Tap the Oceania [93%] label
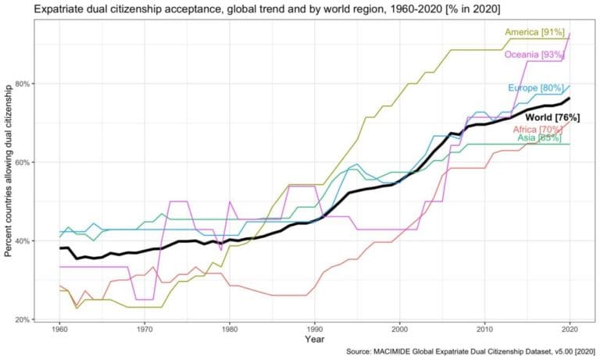(x=535, y=55)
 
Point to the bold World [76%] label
(x=552, y=117)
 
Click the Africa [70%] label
(x=537, y=129)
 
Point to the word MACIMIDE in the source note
(x=405, y=353)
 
